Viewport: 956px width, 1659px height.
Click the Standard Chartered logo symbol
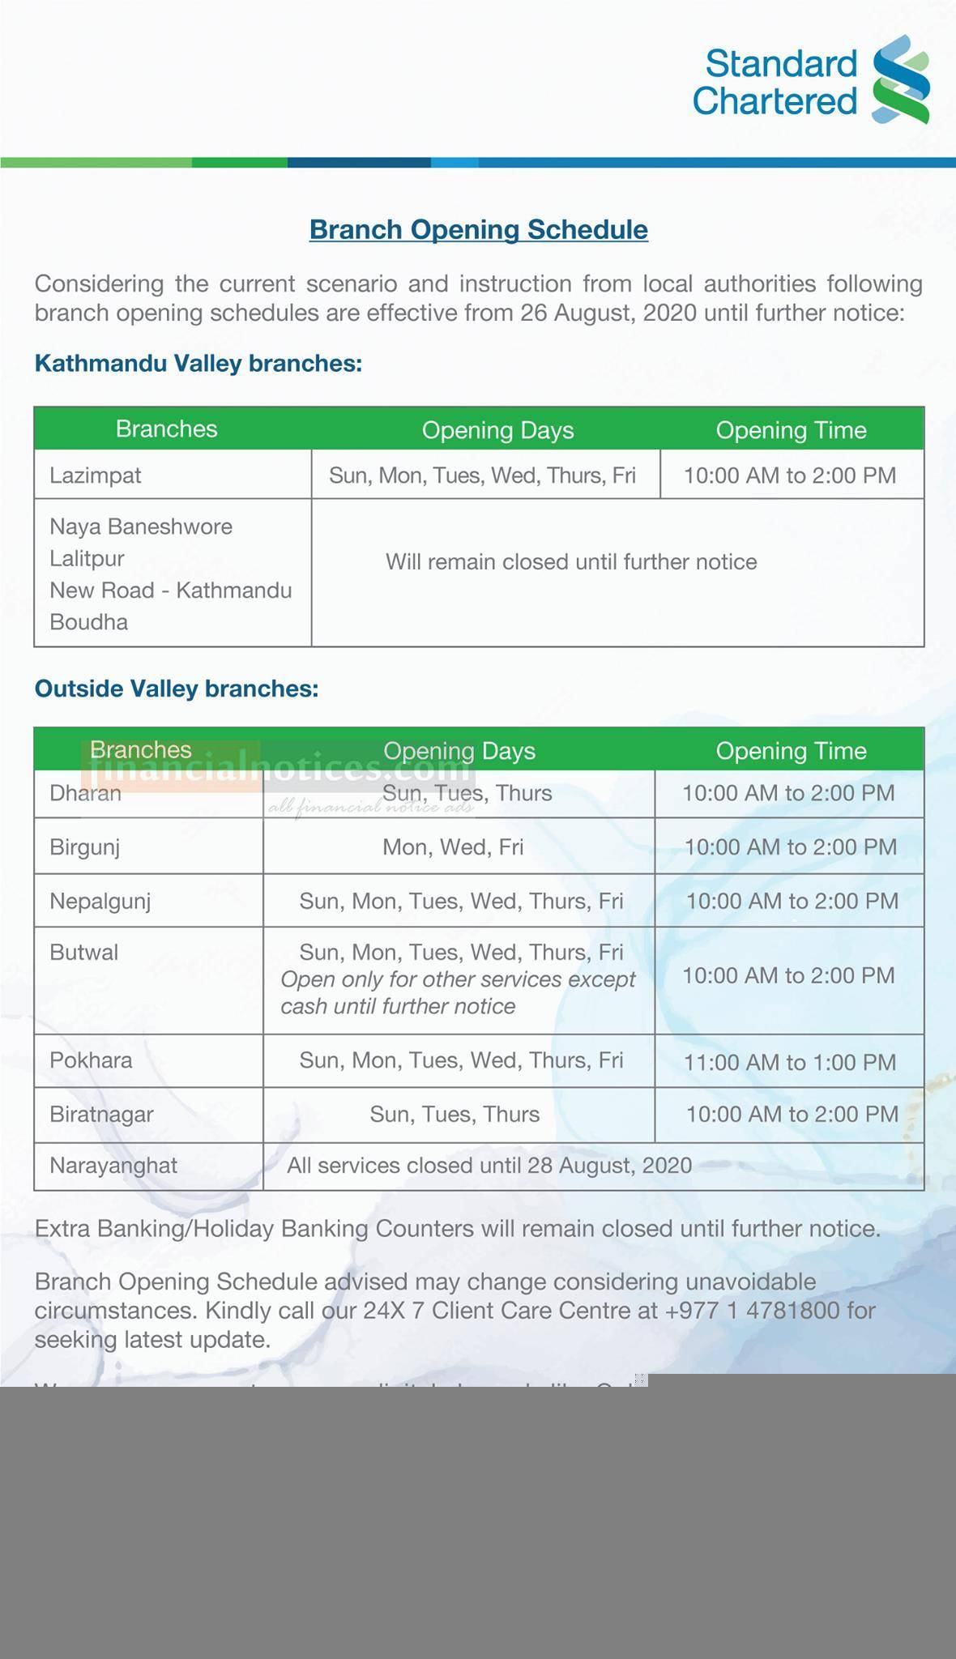pyautogui.click(x=900, y=79)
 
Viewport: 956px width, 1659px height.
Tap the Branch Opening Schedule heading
pyautogui.click(x=478, y=229)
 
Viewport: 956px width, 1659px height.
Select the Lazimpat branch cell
pyautogui.click(x=96, y=475)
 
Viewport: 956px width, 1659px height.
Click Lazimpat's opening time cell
pyautogui.click(x=790, y=475)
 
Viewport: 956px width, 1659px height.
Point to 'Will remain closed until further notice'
pyautogui.click(x=571, y=561)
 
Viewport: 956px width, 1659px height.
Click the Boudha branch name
pyautogui.click(x=89, y=622)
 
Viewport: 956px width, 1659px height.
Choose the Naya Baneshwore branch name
pyautogui.click(x=141, y=527)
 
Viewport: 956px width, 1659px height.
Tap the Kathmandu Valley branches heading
pyautogui.click(x=198, y=363)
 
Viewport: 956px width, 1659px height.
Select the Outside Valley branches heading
pyautogui.click(x=177, y=689)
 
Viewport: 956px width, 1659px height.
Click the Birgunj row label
pyautogui.click(x=85, y=847)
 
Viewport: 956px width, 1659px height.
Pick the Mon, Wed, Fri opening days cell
pyautogui.click(x=453, y=847)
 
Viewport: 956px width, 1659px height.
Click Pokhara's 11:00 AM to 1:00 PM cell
pyautogui.click(x=790, y=1062)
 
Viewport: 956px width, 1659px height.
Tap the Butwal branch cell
pyautogui.click(x=84, y=953)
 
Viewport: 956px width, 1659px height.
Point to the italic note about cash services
pyautogui.click(x=458, y=993)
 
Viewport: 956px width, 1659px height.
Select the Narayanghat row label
pyautogui.click(x=113, y=1166)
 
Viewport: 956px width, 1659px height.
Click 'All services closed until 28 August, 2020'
pyautogui.click(x=489, y=1166)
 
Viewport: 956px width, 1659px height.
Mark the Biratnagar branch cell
pyautogui.click(x=101, y=1115)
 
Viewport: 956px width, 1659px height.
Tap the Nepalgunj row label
pyautogui.click(x=100, y=902)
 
